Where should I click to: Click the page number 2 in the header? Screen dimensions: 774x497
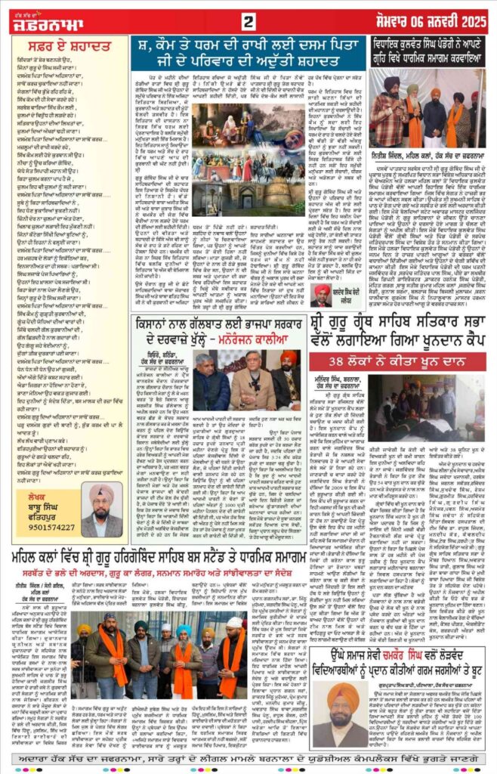click(x=248, y=19)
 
